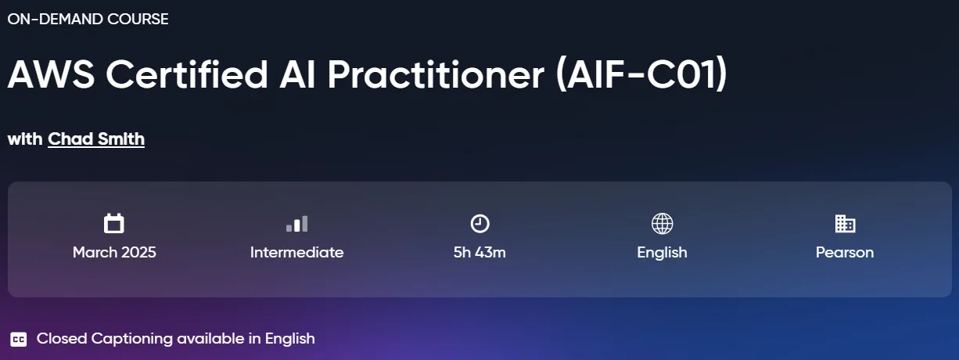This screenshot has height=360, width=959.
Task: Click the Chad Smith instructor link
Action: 96,139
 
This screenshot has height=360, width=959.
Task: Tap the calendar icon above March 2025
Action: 114,223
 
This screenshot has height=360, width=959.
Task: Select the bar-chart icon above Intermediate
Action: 296,224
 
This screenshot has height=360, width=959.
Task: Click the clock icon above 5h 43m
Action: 479,224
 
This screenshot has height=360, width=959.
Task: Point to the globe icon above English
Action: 662,224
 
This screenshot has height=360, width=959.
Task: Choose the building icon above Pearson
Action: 845,224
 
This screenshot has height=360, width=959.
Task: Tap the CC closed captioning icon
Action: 19,340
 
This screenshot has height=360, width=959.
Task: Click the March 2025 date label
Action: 114,253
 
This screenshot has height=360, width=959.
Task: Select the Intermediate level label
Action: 296,253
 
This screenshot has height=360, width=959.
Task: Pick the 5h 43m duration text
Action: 479,253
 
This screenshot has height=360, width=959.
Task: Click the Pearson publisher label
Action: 845,253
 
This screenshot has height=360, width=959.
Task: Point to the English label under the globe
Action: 662,253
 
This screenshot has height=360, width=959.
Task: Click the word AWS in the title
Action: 51,74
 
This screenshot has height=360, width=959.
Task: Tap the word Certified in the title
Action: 187,74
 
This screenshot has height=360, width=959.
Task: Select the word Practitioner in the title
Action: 436,74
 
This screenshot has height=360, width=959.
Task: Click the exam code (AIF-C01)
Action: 641,74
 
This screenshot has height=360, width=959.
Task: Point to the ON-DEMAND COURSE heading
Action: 88,20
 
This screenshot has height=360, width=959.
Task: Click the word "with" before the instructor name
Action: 25,139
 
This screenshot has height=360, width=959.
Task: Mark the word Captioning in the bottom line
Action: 131,339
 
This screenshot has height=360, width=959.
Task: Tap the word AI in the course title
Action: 297,74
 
